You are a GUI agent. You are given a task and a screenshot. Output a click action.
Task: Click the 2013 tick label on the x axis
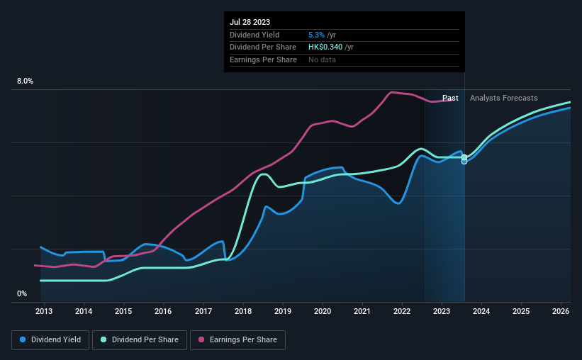coord(44,311)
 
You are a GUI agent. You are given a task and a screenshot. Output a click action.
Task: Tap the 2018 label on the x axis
coord(242,311)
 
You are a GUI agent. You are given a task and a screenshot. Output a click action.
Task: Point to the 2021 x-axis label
coord(362,311)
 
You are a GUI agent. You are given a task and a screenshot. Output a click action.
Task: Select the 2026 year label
coord(560,311)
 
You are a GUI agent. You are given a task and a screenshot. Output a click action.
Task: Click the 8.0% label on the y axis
coord(25,81)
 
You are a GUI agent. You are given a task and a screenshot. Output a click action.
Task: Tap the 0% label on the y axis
coord(21,293)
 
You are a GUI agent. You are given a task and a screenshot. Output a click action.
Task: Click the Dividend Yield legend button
coord(50,340)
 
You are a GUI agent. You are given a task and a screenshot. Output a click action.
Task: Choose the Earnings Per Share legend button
coord(238,340)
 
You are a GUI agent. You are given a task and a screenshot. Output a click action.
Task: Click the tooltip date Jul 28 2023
coord(250,22)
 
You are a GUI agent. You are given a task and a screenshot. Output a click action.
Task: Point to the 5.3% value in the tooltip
coord(316,35)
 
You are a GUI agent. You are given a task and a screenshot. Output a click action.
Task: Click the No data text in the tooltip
coord(322,60)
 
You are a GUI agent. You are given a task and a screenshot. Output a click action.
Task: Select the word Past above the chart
coord(450,98)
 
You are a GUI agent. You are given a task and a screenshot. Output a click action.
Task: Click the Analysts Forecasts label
coord(503,98)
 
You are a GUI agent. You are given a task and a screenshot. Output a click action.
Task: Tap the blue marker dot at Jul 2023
coord(464,161)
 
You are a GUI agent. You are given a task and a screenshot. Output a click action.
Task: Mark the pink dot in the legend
coord(201,340)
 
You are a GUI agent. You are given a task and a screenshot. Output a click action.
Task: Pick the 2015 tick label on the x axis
coord(123,311)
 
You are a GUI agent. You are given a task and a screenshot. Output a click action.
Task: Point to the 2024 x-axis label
coord(481,311)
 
